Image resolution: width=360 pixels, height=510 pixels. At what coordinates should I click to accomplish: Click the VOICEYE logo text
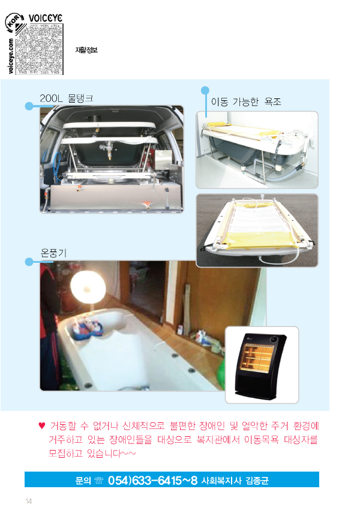[x=45, y=18]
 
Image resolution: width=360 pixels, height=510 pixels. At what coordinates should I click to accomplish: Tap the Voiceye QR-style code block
[x=39, y=49]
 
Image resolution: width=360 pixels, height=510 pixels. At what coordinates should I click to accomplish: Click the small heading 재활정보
[x=86, y=50]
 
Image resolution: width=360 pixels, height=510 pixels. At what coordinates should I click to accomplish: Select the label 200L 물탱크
[x=67, y=98]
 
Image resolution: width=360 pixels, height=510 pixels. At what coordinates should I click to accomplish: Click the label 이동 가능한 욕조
[x=246, y=102]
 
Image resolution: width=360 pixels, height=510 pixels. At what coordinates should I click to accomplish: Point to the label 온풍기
[x=53, y=253]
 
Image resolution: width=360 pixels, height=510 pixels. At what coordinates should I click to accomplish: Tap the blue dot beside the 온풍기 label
[x=29, y=262]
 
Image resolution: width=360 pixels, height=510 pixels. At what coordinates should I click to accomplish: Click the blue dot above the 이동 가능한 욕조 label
[x=205, y=91]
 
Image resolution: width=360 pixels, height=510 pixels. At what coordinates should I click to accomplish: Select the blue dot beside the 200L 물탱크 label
[x=29, y=106]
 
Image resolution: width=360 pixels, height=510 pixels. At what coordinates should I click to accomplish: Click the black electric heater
[x=261, y=365]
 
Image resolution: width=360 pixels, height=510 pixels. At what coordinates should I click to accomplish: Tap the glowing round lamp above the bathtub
[x=88, y=287]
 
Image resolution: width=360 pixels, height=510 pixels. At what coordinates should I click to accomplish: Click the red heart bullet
[x=41, y=425]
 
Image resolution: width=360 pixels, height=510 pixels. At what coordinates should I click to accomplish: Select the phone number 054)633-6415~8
[x=152, y=480]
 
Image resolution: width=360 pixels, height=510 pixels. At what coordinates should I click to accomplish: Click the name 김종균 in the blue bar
[x=257, y=481]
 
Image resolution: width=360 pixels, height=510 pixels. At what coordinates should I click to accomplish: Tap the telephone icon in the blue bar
[x=98, y=481]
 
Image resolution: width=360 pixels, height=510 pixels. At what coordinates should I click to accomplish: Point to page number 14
[x=29, y=501]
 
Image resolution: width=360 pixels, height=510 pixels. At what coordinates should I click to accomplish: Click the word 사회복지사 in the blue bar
[x=221, y=481]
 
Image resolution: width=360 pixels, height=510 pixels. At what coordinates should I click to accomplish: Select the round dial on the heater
[x=274, y=339]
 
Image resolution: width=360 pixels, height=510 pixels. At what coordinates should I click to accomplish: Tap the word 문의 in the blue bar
[x=83, y=481]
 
